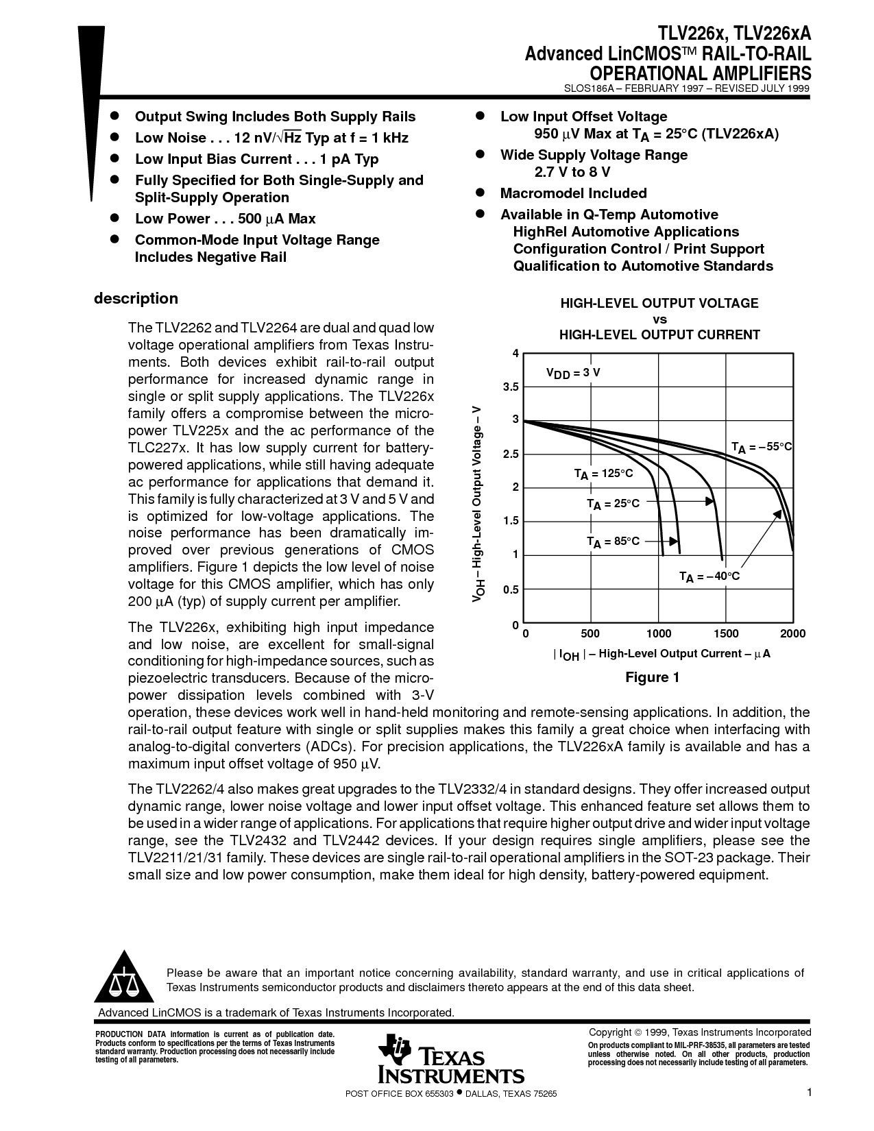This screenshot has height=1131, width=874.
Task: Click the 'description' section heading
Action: (x=136, y=298)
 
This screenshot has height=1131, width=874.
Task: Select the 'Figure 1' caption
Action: (x=653, y=677)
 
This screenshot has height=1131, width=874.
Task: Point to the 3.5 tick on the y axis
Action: (x=511, y=387)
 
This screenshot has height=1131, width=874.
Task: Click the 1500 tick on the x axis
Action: (x=726, y=633)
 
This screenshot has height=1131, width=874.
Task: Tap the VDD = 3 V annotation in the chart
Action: (x=573, y=373)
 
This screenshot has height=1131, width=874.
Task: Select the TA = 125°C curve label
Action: (x=604, y=474)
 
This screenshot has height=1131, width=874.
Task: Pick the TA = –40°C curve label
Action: (x=709, y=576)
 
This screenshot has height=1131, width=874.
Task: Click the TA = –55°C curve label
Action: (x=762, y=447)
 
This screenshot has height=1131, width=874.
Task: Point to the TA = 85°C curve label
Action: (x=614, y=542)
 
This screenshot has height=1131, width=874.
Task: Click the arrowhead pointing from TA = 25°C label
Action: (x=709, y=501)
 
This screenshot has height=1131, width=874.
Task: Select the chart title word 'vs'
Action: (x=659, y=319)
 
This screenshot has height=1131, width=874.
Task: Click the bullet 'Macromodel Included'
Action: (x=573, y=193)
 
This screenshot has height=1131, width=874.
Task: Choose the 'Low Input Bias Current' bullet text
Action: (x=213, y=159)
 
